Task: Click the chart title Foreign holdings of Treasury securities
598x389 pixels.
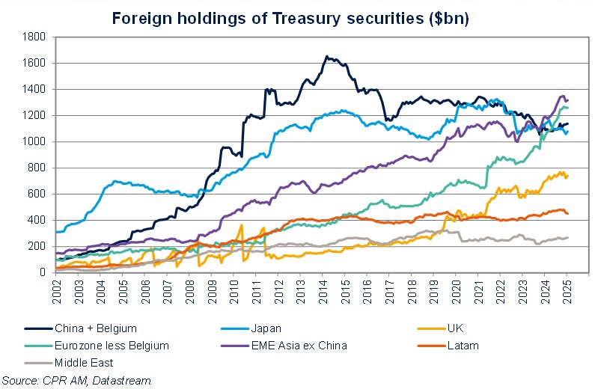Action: pyautogui.click(x=290, y=18)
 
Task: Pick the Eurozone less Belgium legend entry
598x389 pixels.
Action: pyautogui.click(x=108, y=346)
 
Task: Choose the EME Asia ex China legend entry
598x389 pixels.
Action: pyautogui.click(x=299, y=346)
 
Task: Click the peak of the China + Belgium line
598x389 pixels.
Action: pyautogui.click(x=326, y=56)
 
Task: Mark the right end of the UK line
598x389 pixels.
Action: pyautogui.click(x=567, y=176)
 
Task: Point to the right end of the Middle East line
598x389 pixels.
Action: pyautogui.click(x=567, y=237)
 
